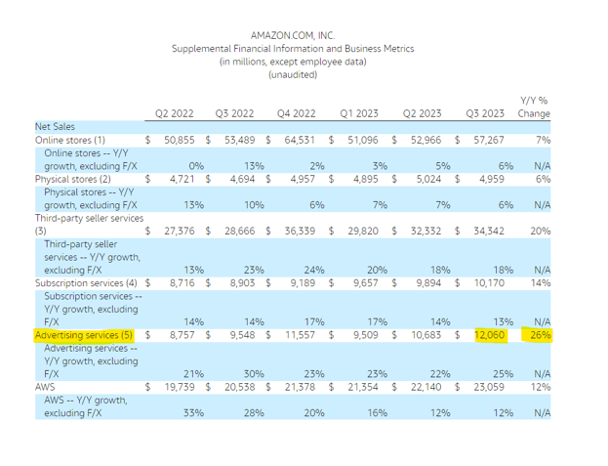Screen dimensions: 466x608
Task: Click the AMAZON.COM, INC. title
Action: [x=292, y=35]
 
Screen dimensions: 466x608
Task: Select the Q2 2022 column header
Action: [x=174, y=113]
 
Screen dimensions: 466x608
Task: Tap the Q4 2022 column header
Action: [x=297, y=113]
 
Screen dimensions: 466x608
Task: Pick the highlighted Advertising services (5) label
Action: [x=84, y=334]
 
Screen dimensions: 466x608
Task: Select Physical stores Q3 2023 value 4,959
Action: [x=494, y=180]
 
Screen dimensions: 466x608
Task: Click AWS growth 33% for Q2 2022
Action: [x=194, y=413]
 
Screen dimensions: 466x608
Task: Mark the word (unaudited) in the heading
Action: [x=292, y=74]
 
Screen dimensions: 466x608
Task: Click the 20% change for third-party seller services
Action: [x=541, y=231]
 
